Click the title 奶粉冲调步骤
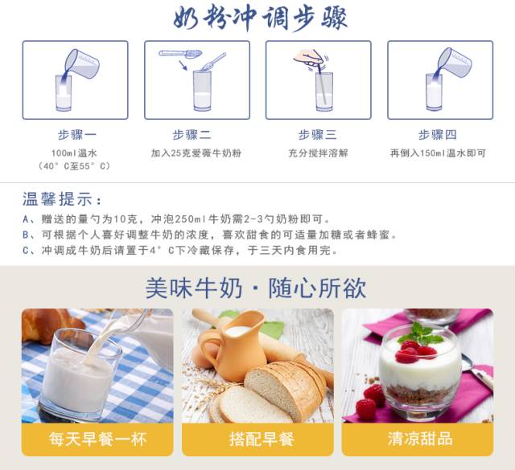[260, 18]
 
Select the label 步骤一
[77, 135]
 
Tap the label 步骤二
[192, 135]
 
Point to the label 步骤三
[317, 135]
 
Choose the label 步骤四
[438, 135]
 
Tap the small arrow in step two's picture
[183, 65]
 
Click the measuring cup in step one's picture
[82, 63]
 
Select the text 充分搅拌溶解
[318, 153]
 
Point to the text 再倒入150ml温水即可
[438, 153]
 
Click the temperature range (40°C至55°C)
[74, 166]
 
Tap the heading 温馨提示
[62, 199]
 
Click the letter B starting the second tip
[26, 235]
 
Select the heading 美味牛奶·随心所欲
[256, 288]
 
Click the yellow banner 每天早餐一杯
[97, 439]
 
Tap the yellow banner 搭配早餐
[257, 439]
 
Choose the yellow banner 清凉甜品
[418, 439]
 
